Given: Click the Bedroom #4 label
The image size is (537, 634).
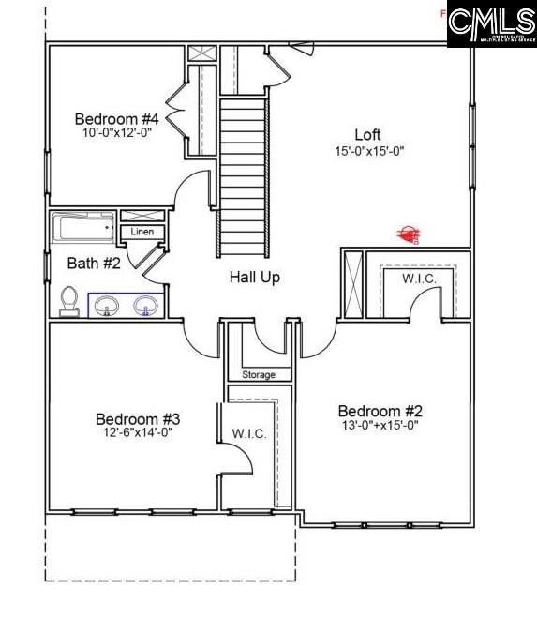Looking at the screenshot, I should pyautogui.click(x=116, y=119).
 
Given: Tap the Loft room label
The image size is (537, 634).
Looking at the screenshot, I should pyautogui.click(x=368, y=134).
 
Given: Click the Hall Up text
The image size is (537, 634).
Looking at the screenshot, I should pyautogui.click(x=255, y=278).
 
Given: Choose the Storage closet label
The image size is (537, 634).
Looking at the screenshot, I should pyautogui.click(x=259, y=375).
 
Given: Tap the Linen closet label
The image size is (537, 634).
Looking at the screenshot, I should pyautogui.click(x=142, y=232).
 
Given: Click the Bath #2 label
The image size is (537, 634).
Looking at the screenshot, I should pyautogui.click(x=94, y=264).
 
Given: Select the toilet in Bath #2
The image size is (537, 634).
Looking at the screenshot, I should pyautogui.click(x=68, y=299).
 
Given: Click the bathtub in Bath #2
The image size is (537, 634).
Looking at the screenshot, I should pyautogui.click(x=83, y=227).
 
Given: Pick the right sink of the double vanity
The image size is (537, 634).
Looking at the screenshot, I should pyautogui.click(x=145, y=306).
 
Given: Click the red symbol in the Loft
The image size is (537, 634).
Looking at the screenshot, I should pyautogui.click(x=408, y=234).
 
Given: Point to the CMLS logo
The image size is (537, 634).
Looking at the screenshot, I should pyautogui.click(x=491, y=25).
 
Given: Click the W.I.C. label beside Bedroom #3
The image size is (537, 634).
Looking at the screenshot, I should pyautogui.click(x=249, y=433).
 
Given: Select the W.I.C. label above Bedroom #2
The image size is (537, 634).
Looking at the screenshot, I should pyautogui.click(x=418, y=279).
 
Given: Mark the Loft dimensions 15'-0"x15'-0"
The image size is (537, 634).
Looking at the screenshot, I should pyautogui.click(x=369, y=150).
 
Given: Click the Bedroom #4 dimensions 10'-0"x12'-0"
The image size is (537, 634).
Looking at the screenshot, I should pyautogui.click(x=116, y=132).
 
